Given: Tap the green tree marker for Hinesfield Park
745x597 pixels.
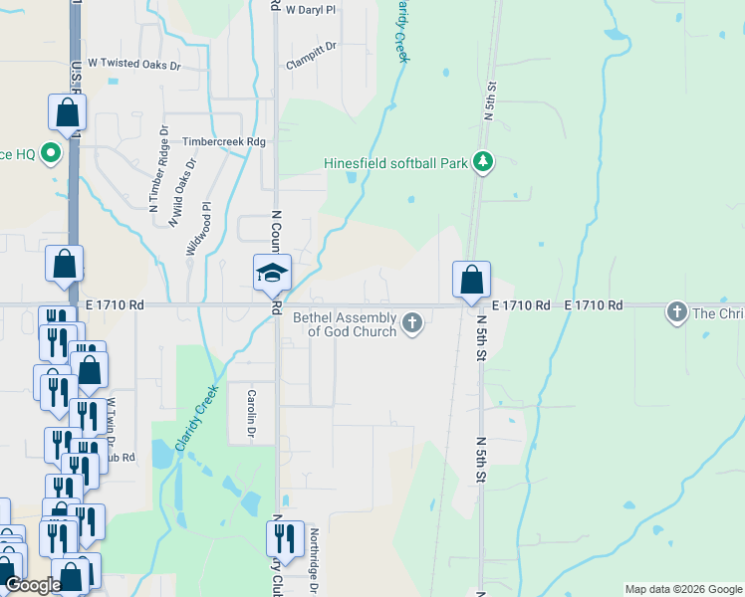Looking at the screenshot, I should click(x=483, y=161).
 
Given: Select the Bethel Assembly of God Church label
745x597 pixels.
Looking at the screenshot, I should click(x=345, y=324).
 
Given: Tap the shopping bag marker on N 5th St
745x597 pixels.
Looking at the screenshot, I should click(x=471, y=280).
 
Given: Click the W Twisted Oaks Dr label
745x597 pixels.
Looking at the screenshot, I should click(x=134, y=64).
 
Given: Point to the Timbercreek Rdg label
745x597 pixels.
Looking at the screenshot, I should click(x=224, y=142).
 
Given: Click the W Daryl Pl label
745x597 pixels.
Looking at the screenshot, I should click(x=311, y=9).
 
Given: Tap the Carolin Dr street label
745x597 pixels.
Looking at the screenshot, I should click(x=252, y=415).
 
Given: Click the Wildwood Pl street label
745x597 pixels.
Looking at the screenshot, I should click(x=199, y=230).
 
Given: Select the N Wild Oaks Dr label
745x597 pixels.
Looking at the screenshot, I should click(x=180, y=200).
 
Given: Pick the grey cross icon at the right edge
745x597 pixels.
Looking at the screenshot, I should click(x=676, y=313).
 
